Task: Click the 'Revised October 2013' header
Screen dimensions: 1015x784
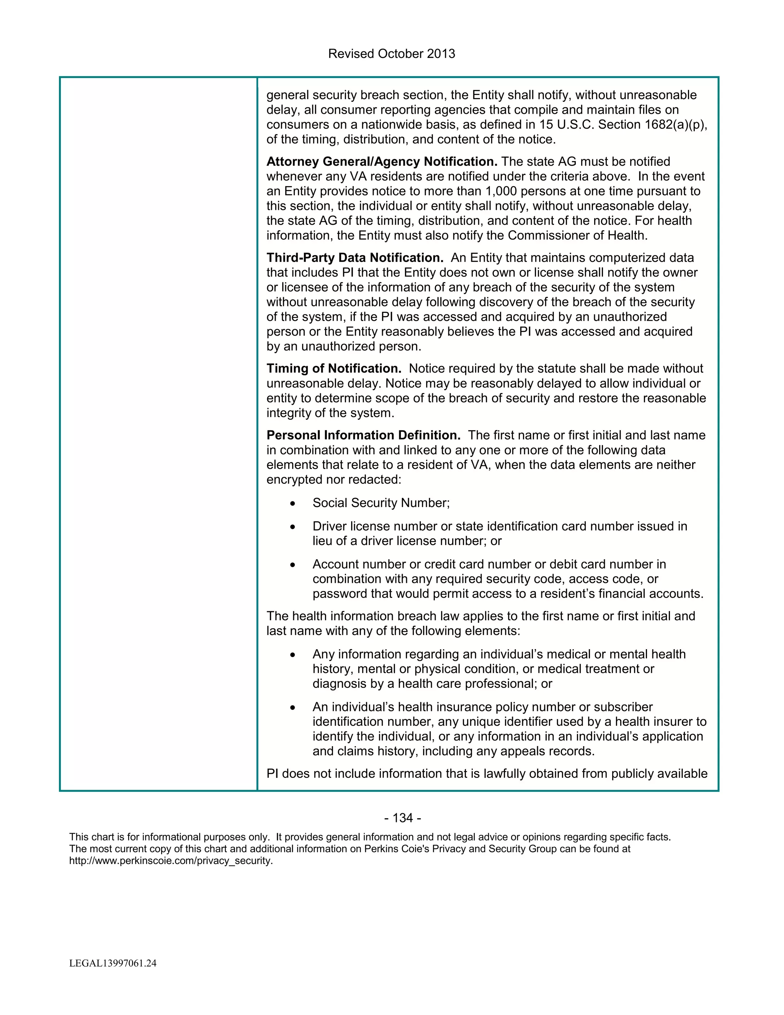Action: pyautogui.click(x=392, y=54)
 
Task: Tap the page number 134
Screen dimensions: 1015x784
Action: pyautogui.click(x=403, y=818)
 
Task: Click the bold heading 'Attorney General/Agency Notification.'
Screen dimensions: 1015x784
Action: pyautogui.click(x=381, y=162)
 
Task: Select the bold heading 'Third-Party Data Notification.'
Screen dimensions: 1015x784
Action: pyautogui.click(x=355, y=258)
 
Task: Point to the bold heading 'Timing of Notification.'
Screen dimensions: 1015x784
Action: pyautogui.click(x=333, y=368)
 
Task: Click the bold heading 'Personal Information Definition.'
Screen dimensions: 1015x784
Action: pyautogui.click(x=363, y=435)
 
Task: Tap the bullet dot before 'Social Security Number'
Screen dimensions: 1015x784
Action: pyautogui.click(x=292, y=504)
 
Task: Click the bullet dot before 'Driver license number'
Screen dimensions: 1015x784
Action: pyautogui.click(x=292, y=527)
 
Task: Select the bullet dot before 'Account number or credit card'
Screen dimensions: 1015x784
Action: pyautogui.click(x=292, y=565)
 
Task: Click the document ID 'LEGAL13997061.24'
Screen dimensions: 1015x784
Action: pyautogui.click(x=113, y=963)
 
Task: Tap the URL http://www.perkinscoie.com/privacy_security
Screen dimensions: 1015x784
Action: pyautogui.click(x=170, y=861)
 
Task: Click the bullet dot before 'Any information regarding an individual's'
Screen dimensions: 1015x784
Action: pyautogui.click(x=292, y=655)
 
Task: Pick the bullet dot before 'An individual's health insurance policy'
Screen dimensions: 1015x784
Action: pyautogui.click(x=292, y=708)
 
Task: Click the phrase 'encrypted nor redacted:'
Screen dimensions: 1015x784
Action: pyautogui.click(x=333, y=480)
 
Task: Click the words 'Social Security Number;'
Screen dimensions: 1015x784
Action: pyautogui.click(x=381, y=503)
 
